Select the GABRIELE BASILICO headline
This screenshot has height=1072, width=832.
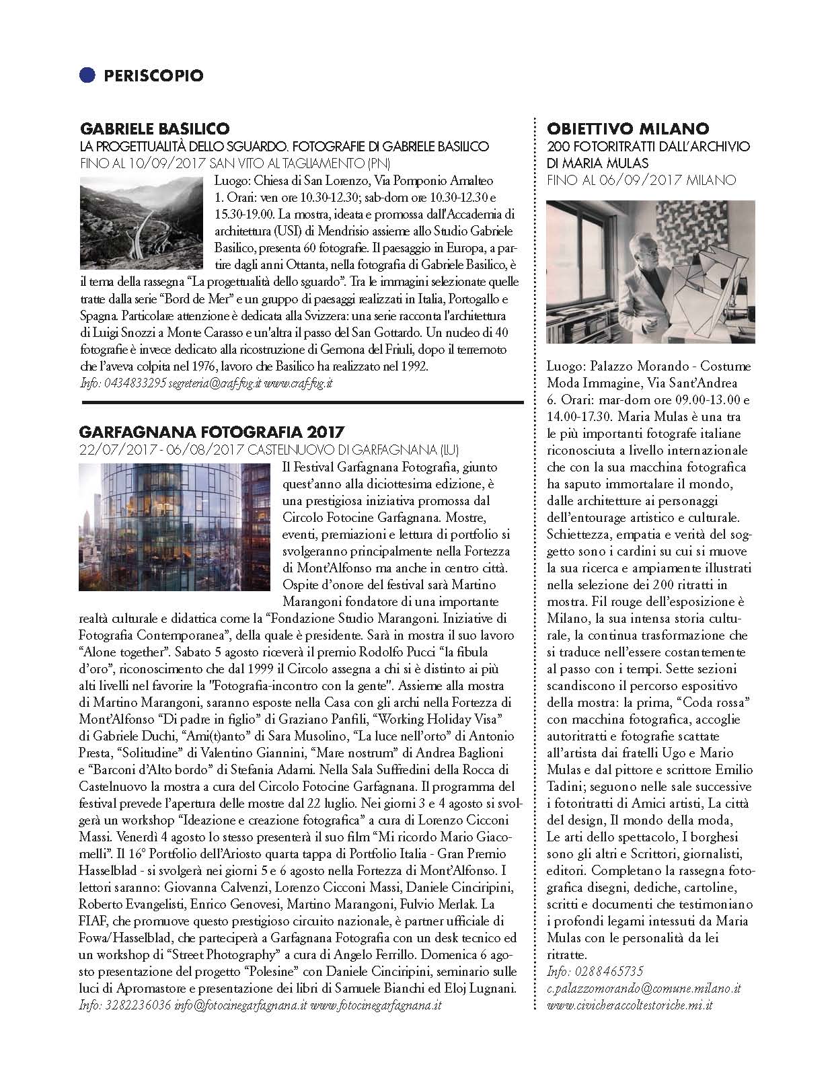pos(155,128)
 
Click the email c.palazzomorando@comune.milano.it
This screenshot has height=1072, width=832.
pos(644,989)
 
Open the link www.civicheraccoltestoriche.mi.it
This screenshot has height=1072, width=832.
pos(630,1005)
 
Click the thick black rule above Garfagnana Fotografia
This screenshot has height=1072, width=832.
pos(301,401)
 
